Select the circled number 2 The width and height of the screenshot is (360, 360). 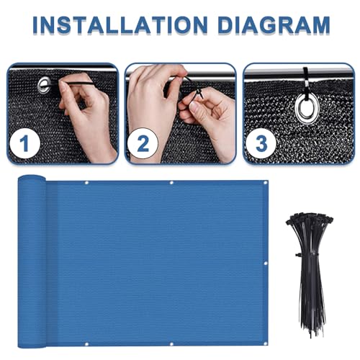click(143, 144)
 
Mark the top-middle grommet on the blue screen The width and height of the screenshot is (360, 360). click(171, 183)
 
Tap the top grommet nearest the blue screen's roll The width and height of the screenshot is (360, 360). click(86, 183)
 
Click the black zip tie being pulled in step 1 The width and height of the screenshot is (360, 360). click(86, 86)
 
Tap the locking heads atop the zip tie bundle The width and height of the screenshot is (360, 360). click(302, 223)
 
